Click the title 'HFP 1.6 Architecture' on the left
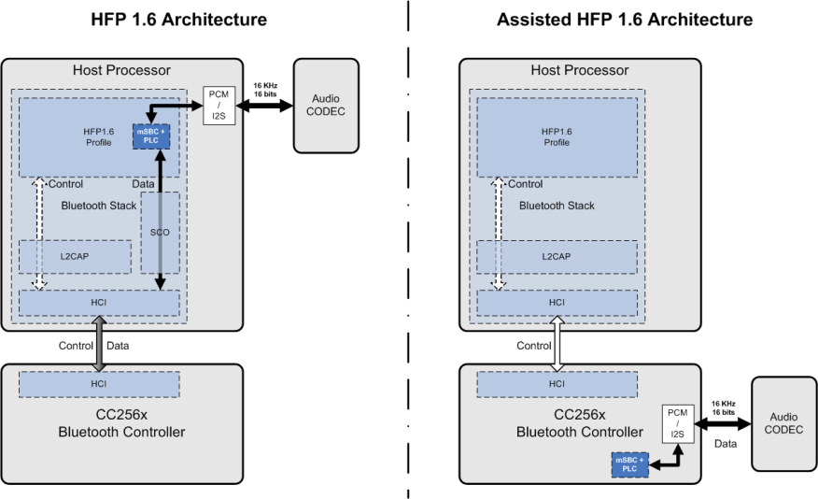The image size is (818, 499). [179, 20]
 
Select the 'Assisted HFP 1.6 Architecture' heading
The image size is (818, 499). [625, 20]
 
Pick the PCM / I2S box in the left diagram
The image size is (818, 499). [218, 105]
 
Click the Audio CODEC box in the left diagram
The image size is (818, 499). [326, 105]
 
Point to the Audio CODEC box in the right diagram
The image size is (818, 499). [783, 424]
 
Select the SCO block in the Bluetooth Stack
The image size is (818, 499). [160, 232]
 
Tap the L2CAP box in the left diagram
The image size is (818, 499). [75, 257]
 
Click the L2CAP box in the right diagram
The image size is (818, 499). [557, 257]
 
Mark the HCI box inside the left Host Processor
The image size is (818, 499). [98, 303]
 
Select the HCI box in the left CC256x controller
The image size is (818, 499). [98, 383]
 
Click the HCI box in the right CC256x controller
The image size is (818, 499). [557, 383]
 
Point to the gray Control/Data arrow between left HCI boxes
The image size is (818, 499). [98, 344]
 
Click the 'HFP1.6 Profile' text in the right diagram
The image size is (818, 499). [557, 136]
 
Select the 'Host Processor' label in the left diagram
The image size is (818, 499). [121, 71]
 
